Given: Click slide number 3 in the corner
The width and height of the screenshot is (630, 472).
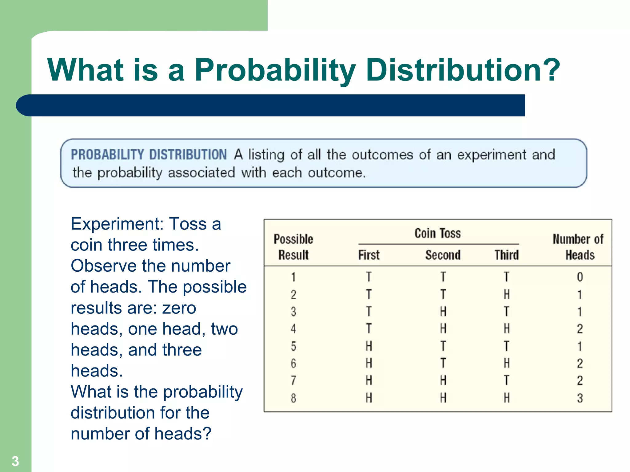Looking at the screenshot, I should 15,461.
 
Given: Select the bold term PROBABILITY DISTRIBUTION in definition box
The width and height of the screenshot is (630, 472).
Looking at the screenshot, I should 149,154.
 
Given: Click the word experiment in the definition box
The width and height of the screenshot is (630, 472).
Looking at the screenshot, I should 492,154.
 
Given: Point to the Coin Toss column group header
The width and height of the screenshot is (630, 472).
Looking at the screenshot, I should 438,233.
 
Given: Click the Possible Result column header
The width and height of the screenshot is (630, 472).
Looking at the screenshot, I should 293,247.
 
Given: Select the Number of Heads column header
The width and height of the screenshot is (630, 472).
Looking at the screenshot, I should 578,247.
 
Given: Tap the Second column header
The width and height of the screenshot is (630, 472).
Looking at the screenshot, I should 443,255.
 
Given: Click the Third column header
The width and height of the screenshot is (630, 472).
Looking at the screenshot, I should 506,255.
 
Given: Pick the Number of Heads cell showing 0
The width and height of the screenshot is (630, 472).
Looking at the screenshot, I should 580,277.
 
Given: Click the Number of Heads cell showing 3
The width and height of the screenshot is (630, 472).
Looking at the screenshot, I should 580,398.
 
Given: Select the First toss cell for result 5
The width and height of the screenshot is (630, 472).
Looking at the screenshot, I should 369,346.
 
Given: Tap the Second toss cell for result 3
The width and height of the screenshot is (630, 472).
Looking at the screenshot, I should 443,312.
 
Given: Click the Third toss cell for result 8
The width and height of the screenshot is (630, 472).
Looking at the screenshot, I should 507,398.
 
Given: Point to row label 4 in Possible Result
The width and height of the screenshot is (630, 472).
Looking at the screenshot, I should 293,329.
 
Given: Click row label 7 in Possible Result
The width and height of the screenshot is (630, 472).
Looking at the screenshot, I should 293,380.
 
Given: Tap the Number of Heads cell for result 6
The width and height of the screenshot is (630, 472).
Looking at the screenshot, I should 580,364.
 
